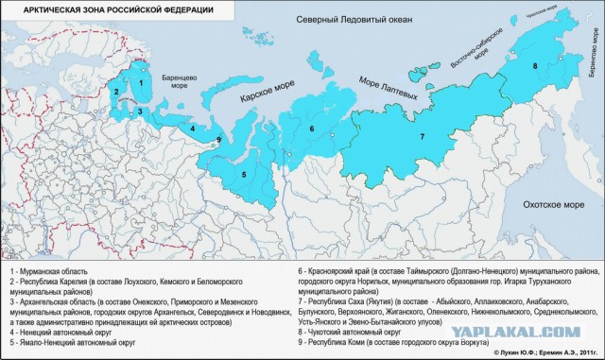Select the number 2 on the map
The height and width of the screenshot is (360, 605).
pos(116,92)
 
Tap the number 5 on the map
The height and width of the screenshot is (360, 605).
pos(244,175)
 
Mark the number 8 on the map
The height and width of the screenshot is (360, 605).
pos(535,65)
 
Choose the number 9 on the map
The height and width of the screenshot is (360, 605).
pos(218,141)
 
